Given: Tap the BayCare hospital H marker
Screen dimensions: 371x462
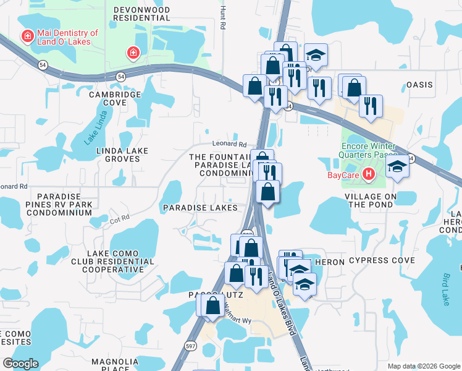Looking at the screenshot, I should [369, 174].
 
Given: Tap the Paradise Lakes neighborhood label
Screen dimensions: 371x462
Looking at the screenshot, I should [200, 208].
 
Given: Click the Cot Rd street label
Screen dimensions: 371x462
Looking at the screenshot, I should [120, 218].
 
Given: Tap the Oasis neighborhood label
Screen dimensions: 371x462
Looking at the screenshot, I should [419, 84].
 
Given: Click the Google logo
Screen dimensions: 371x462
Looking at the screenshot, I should [20, 364].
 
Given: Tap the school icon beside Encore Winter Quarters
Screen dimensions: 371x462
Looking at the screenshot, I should [397, 166].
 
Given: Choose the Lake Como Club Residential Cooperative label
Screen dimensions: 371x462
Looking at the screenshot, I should [120, 262].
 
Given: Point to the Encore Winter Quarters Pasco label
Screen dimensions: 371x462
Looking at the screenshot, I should [367, 153].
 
